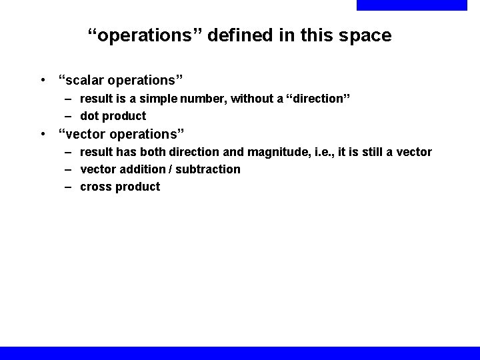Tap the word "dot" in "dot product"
89,116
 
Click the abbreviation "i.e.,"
321,152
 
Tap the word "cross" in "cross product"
95,187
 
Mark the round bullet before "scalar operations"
43,81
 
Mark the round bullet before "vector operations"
43,135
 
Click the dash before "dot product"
69,116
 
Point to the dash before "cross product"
69,187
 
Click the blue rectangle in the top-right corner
411,5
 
